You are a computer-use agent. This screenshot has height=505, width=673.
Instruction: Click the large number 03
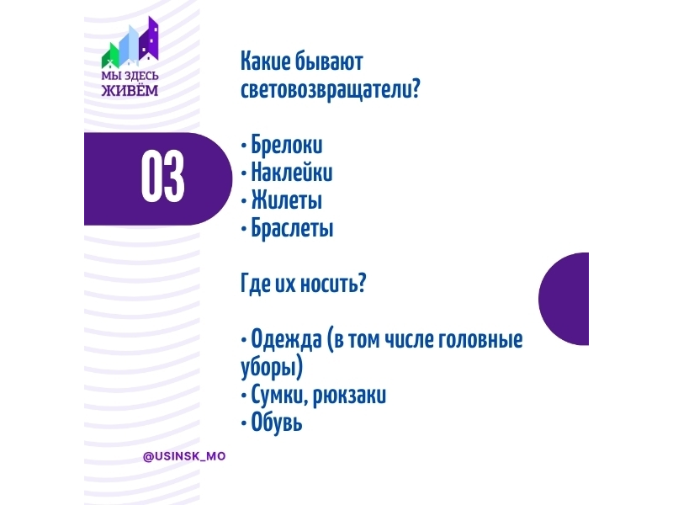click(162, 177)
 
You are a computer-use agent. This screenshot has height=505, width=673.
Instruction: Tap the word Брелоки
click(287, 145)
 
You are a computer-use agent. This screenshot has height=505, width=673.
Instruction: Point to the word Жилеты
click(287, 200)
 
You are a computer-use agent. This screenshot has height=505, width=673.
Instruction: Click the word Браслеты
click(292, 227)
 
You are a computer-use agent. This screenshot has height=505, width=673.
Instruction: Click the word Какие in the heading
click(265, 61)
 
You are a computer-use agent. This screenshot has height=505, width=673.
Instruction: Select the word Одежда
click(286, 340)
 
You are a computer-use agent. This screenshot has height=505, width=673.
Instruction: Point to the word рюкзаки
click(349, 396)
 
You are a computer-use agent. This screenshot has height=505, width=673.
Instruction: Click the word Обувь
click(277, 422)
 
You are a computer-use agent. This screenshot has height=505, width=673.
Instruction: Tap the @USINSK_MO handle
click(184, 456)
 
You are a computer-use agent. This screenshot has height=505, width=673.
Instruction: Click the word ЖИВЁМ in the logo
click(130, 90)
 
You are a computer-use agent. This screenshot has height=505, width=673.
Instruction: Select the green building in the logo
click(110, 56)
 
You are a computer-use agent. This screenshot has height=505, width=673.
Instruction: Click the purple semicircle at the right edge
click(564, 299)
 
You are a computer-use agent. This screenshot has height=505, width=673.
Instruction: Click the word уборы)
click(272, 368)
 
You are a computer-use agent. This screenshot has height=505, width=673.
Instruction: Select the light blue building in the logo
click(129, 45)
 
